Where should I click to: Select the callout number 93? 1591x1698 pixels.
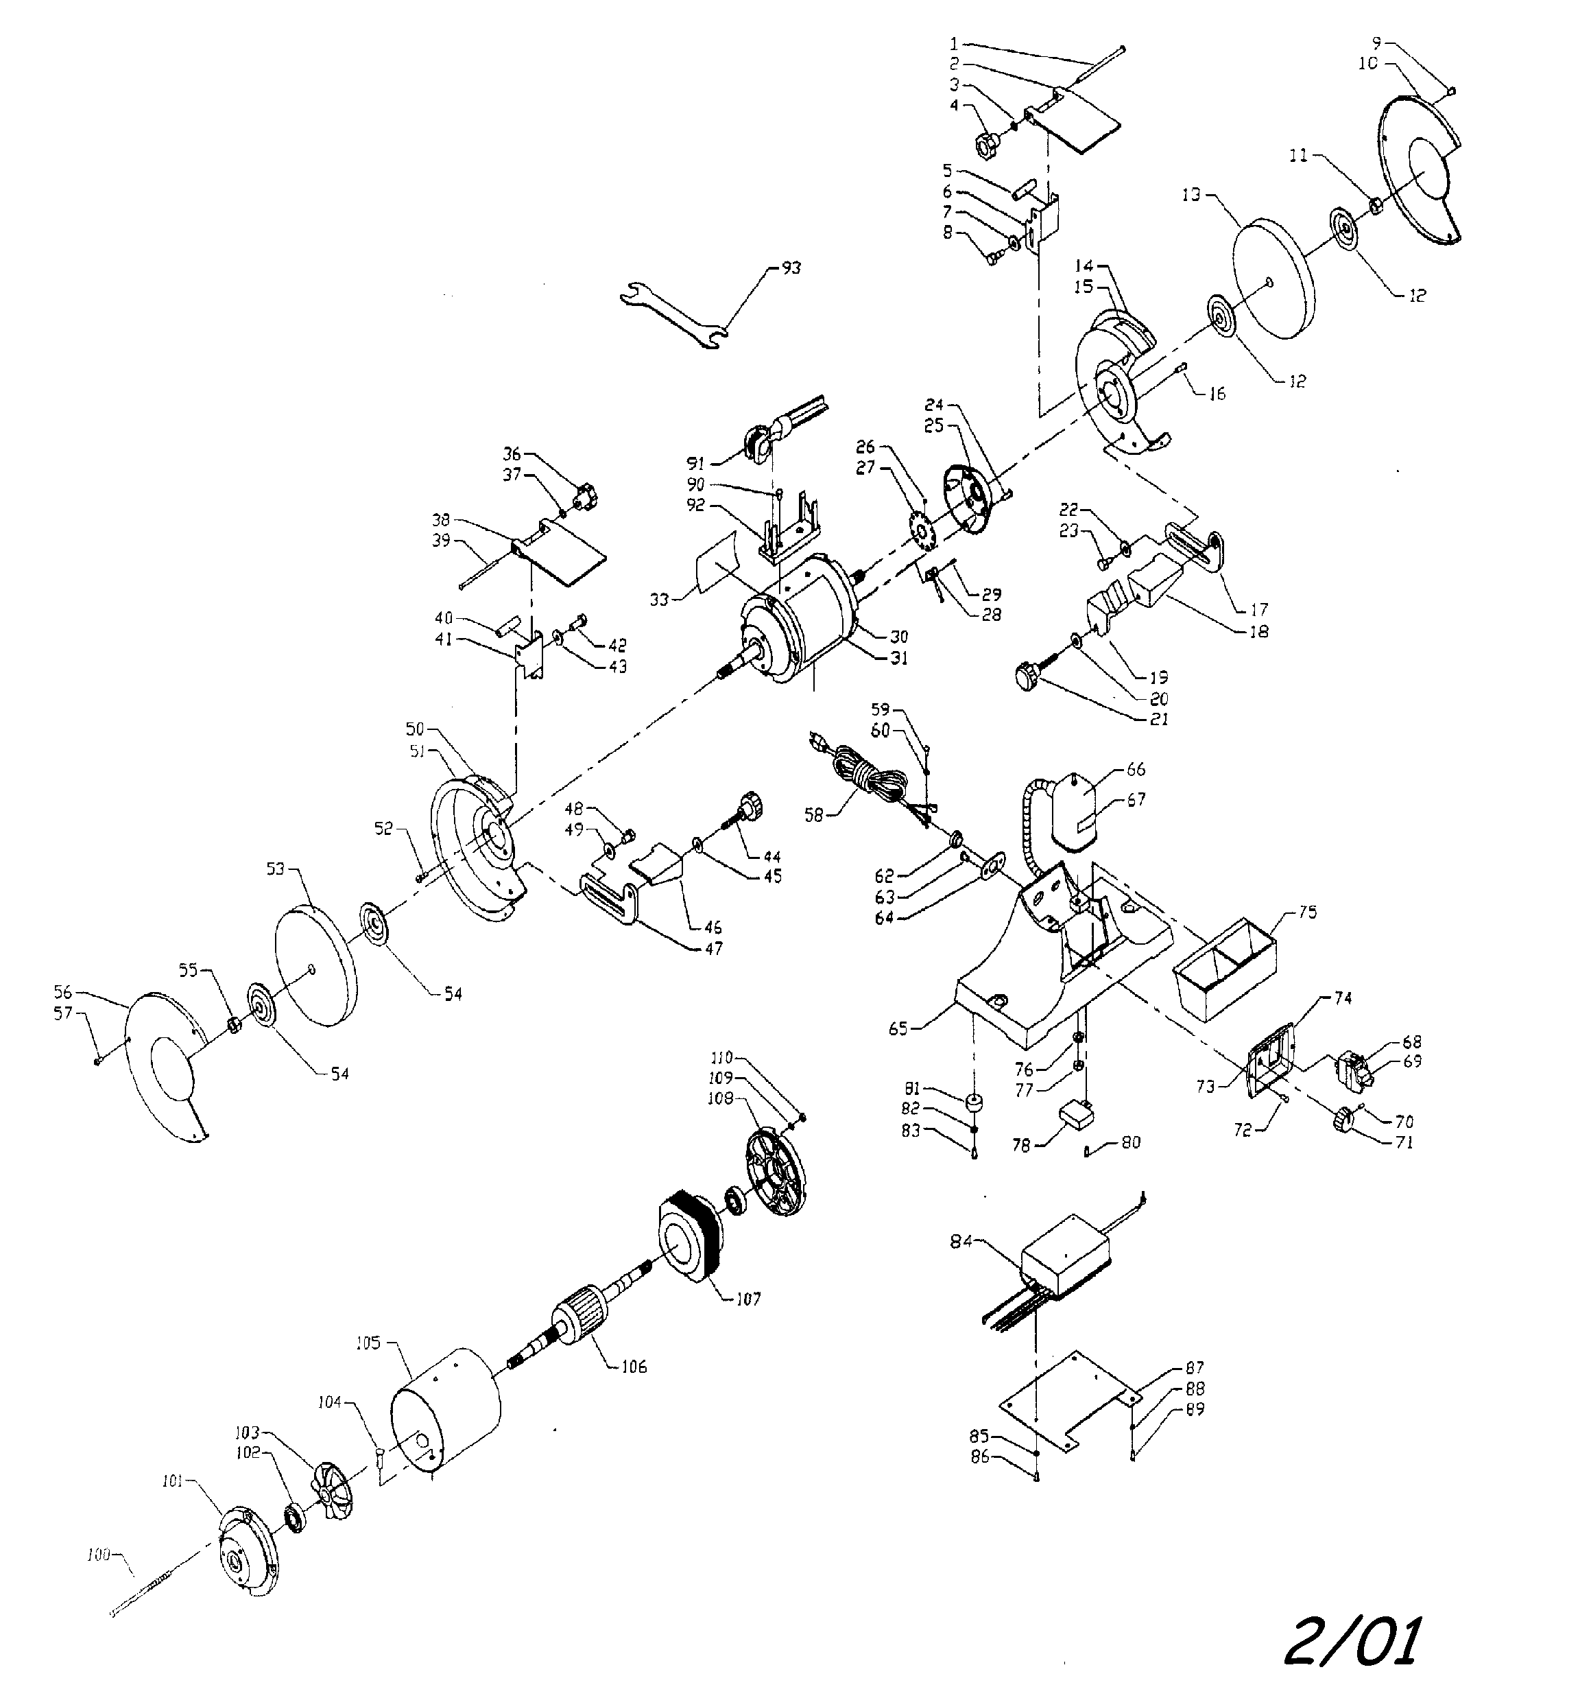(791, 268)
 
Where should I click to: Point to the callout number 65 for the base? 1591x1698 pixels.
(898, 1029)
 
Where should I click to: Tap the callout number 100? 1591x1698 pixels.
(98, 1555)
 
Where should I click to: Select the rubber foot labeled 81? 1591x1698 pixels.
(972, 1102)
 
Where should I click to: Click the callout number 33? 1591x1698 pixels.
(658, 600)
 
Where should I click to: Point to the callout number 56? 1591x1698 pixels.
(62, 993)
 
